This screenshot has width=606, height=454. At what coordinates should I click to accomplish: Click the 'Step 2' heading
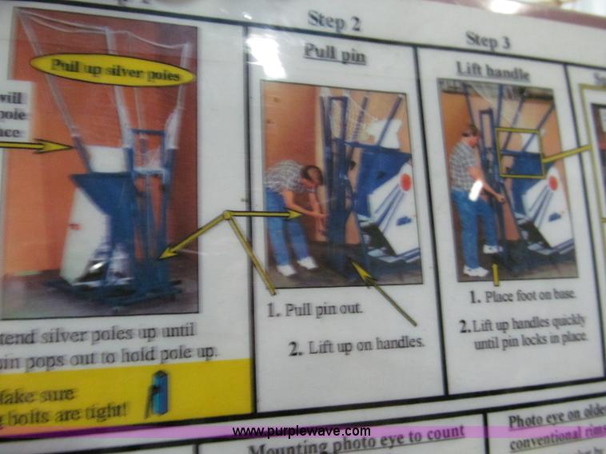(333, 22)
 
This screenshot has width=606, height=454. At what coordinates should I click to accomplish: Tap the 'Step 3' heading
(487, 39)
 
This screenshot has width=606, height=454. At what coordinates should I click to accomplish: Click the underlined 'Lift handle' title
(492, 70)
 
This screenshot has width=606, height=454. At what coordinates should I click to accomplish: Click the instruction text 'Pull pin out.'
(324, 311)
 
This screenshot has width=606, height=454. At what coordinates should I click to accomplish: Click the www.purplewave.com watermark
(301, 432)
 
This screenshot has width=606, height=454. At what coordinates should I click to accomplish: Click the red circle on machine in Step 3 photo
(552, 182)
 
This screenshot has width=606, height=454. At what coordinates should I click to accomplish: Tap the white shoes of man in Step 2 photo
(297, 266)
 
